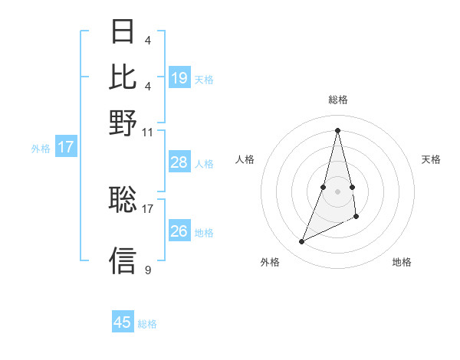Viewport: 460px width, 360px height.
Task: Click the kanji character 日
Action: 123,32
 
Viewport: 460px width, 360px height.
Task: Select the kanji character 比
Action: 123,77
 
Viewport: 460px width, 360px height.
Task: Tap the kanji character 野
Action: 123,122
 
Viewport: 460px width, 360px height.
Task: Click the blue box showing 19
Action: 179,78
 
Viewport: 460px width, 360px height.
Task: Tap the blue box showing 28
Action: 179,162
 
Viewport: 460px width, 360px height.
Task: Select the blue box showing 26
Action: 179,231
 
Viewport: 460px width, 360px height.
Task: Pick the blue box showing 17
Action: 65,148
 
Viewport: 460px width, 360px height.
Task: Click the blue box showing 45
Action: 123,322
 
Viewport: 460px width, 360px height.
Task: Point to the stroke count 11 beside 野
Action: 148,132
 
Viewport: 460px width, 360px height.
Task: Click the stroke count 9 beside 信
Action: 148,270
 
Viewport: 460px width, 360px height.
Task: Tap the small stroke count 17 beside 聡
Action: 148,208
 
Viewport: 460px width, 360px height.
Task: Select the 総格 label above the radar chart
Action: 338,100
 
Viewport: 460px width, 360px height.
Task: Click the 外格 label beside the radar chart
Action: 270,262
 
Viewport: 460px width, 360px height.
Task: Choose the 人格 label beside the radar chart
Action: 245,159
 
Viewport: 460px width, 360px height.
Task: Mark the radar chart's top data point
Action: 338,129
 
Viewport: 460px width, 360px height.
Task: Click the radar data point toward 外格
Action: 302,242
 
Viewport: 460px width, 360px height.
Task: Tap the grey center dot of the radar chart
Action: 338,191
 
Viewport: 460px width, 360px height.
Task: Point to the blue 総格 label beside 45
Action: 147,324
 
